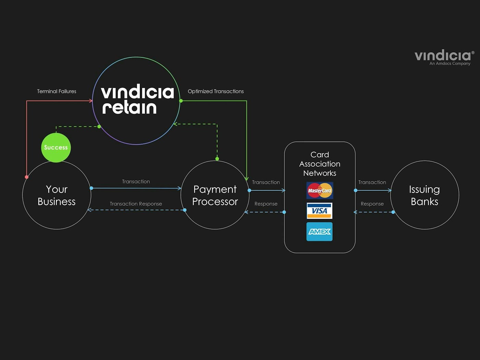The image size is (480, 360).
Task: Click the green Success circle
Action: tap(56, 147)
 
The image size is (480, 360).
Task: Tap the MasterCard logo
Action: tap(320, 191)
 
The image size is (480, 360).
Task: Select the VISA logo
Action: tap(320, 211)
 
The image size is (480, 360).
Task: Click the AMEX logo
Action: tap(320, 232)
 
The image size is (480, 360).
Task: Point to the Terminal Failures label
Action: tap(57, 91)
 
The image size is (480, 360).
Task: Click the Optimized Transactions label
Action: tap(216, 91)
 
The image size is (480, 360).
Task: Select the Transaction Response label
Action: tap(136, 204)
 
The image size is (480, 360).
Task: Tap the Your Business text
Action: tap(57, 195)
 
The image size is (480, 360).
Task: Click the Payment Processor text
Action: tap(215, 195)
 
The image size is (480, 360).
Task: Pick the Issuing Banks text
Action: tap(424, 195)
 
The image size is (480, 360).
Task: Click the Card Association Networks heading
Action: tap(320, 164)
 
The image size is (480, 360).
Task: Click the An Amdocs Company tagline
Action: tap(450, 64)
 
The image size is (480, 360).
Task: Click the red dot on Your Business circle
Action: tap(27, 177)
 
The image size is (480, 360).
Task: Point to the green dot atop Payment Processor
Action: tap(217, 159)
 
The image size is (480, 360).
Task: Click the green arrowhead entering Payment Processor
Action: tap(247, 179)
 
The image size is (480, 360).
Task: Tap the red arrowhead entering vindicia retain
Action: tap(91, 101)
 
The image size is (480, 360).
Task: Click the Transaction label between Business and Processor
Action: tap(136, 181)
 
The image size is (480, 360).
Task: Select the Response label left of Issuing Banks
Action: tap(372, 204)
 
